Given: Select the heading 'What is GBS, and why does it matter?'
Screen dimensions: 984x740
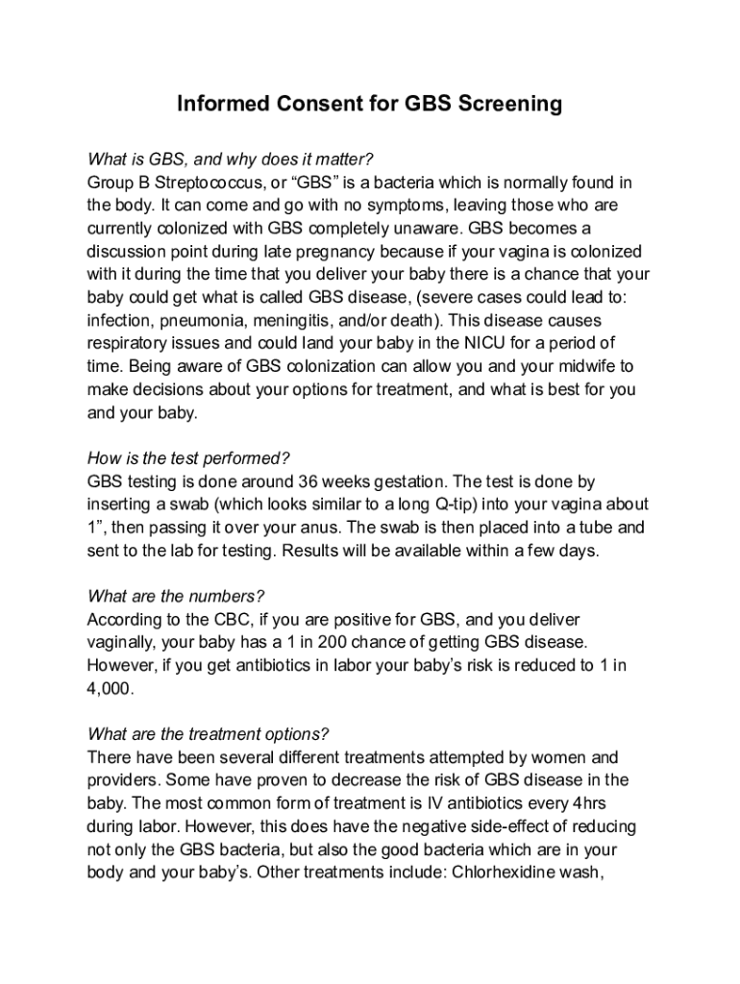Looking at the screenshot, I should tap(230, 160).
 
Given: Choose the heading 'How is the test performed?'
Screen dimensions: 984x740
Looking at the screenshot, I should tap(188, 458).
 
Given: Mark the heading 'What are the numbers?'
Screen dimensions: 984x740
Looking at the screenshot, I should tap(175, 597).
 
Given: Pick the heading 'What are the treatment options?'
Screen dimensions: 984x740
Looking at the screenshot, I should tap(208, 735).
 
